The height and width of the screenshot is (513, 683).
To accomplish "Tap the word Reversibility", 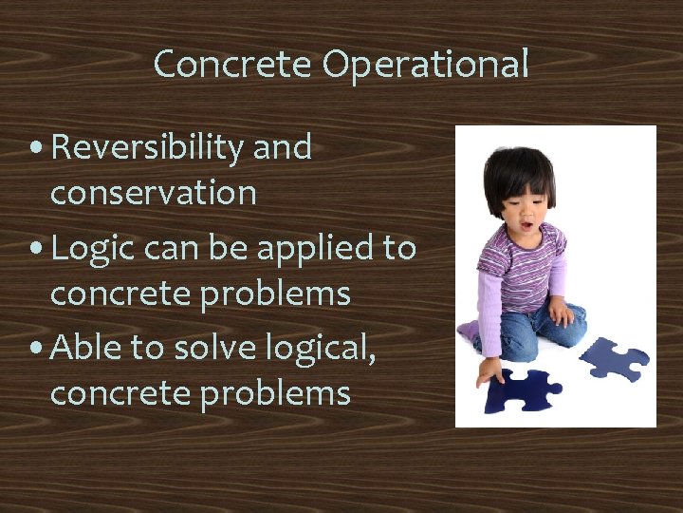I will (x=148, y=148).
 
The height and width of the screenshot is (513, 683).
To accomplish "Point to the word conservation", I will (x=153, y=193).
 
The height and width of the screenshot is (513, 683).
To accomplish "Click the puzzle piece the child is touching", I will (x=520, y=389).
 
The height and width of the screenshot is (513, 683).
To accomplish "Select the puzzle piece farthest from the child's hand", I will (x=614, y=359).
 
